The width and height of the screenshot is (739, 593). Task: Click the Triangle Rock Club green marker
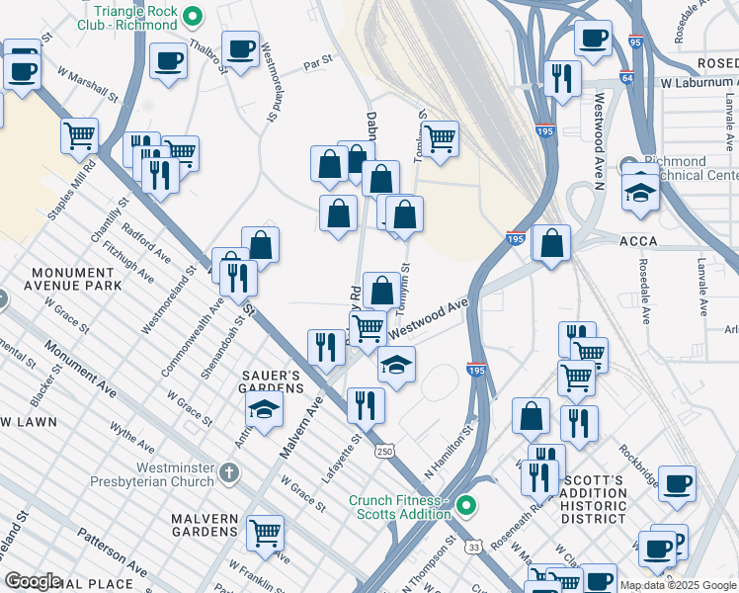pos(195,16)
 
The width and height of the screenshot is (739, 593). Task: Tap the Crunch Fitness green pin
pos(467,507)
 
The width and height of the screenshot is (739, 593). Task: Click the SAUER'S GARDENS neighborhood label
pos(272,382)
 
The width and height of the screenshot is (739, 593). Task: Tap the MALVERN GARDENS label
pos(205,526)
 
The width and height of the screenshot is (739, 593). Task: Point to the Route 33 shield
pos(475,546)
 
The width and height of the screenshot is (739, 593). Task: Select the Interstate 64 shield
pos(627,76)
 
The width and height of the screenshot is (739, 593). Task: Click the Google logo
pos(32,580)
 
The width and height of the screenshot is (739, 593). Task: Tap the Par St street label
pos(317,62)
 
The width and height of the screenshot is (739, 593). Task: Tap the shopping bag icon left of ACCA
pos(550,242)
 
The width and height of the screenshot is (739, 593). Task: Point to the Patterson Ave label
pos(113,556)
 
